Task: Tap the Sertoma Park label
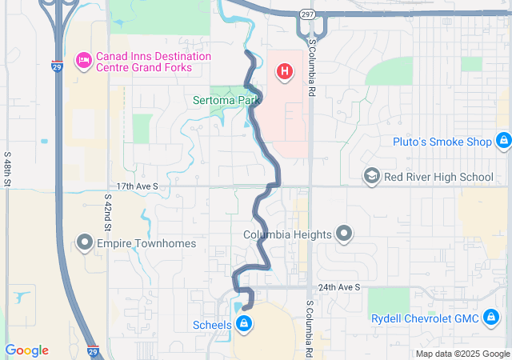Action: point(227,101)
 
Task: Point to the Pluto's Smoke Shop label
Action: point(442,142)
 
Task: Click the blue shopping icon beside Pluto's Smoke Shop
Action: point(502,142)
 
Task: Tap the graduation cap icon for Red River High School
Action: point(371,177)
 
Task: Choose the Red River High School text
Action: point(438,177)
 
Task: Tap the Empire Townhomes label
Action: point(146,243)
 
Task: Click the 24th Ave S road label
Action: point(339,286)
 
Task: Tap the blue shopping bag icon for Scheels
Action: point(245,324)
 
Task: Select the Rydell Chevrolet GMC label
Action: point(425,318)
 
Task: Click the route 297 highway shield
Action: point(307,15)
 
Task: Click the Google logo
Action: point(26,350)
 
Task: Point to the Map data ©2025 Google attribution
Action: point(462,354)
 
